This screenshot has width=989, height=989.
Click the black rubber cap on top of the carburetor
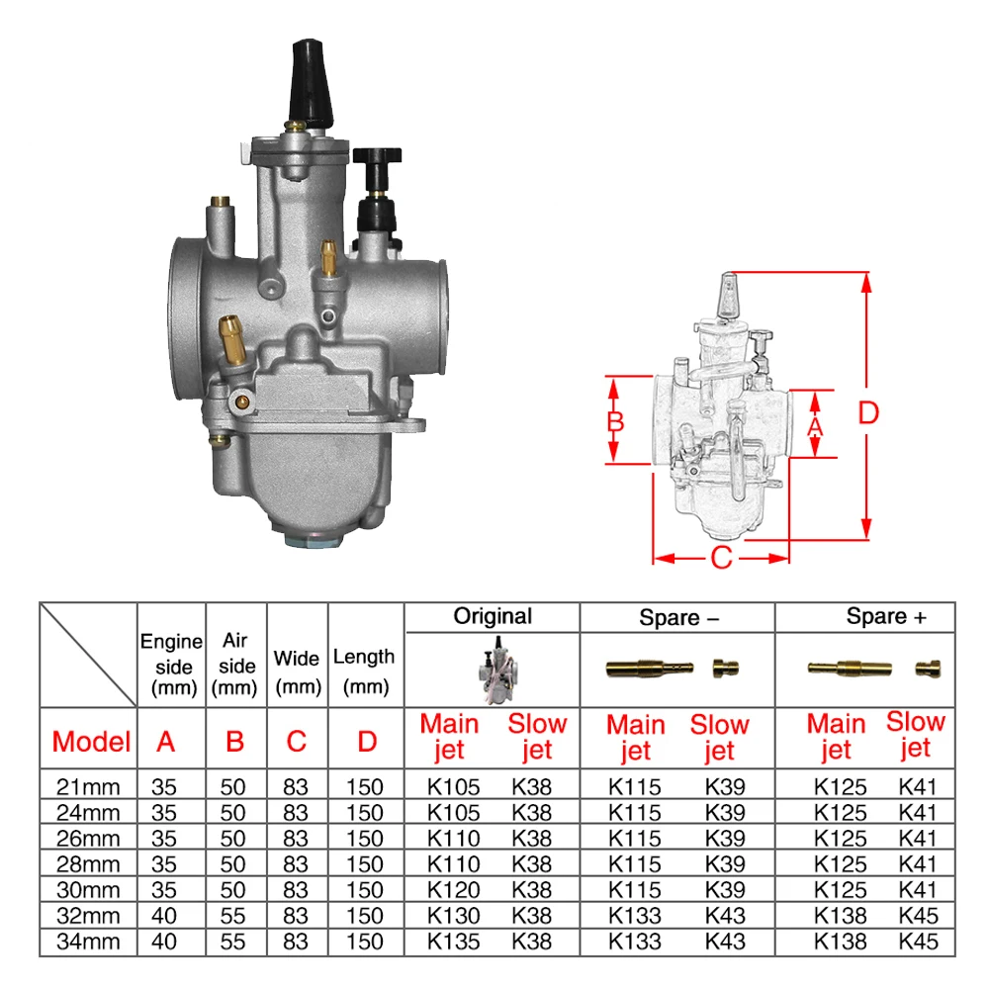pos(309,83)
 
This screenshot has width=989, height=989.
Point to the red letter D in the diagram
pos(867,412)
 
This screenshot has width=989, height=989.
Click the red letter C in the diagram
pos(721,558)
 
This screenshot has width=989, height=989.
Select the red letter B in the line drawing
pos(615,421)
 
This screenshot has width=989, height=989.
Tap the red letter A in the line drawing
pos(816,426)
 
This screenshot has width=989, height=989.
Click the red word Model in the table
pos(91,741)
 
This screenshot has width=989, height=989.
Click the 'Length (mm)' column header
pos(364,670)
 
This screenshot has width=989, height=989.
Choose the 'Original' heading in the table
pos(493,616)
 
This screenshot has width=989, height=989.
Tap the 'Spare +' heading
pos(886,617)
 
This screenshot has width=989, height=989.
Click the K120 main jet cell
pos(453,890)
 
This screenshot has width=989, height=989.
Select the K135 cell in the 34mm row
pos(453,942)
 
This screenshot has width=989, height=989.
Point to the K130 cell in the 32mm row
pos(453,916)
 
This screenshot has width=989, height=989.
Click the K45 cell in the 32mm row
pos(918,916)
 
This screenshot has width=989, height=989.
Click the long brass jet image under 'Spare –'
pos(644,669)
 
